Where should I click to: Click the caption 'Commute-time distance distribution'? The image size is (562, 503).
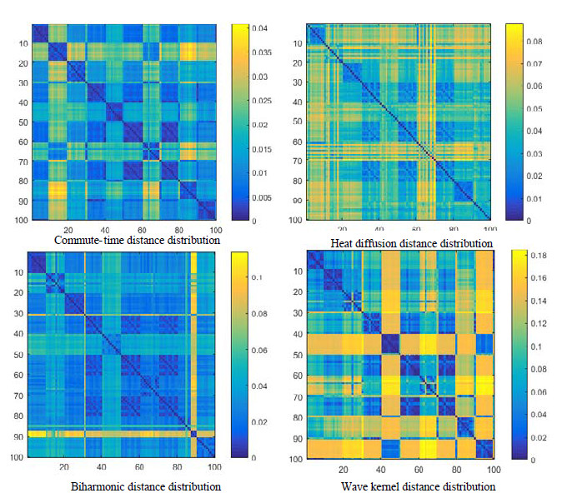point(137,240)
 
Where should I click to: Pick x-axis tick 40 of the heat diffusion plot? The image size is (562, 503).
point(379,229)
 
